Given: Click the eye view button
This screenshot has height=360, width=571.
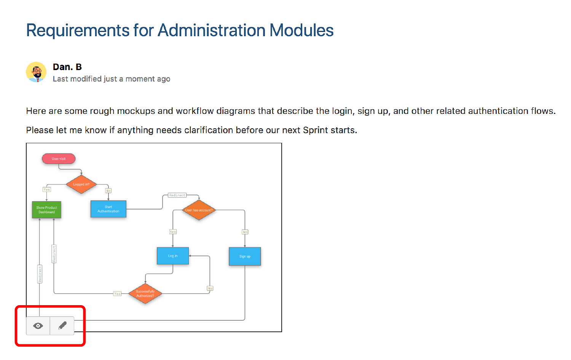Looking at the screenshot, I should click(x=38, y=326).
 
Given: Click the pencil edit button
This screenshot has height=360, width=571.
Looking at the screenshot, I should click(x=62, y=326).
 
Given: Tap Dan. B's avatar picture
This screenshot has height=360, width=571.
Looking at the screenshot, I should click(x=36, y=72).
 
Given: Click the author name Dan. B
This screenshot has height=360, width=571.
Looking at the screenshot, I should click(x=67, y=67).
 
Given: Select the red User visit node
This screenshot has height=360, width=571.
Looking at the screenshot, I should click(x=59, y=158).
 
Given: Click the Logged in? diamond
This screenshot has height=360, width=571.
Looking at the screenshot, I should click(x=81, y=184).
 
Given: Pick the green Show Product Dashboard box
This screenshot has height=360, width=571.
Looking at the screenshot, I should click(x=46, y=210).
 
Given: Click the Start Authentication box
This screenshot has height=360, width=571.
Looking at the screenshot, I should click(x=108, y=209).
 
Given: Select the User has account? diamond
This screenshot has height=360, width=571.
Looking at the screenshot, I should click(x=199, y=210).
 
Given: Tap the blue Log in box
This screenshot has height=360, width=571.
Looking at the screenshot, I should click(x=173, y=256).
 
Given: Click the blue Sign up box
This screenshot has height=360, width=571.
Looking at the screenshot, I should click(x=245, y=256).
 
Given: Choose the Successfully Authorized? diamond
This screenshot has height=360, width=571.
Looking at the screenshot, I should click(x=145, y=294).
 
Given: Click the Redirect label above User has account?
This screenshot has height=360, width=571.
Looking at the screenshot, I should click(x=177, y=195).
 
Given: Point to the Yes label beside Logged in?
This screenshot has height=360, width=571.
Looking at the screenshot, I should click(x=47, y=189).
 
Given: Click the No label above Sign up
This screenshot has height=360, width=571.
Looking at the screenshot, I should click(x=245, y=232).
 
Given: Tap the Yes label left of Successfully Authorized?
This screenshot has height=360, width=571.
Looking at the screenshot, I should click(x=117, y=294).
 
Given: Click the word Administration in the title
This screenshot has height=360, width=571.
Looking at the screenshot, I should click(x=211, y=30).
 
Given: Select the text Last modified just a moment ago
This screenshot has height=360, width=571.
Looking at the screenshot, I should click(x=111, y=79).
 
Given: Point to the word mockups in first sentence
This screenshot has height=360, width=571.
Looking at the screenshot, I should click(x=136, y=111).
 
